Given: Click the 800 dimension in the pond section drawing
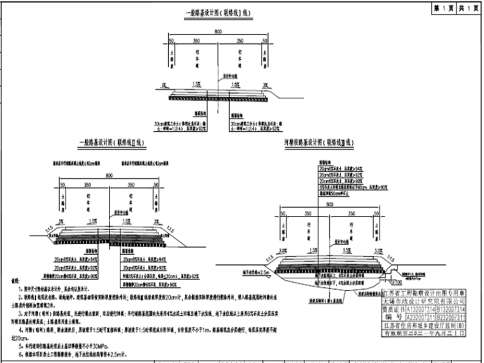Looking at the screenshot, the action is click(329, 205).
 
